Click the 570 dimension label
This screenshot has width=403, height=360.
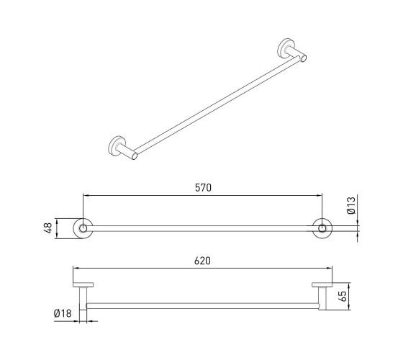[203, 188]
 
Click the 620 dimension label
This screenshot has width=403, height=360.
[202, 261]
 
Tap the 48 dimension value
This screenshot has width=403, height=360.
[48, 228]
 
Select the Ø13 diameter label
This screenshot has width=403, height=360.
[351, 205]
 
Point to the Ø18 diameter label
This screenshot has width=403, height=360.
[63, 313]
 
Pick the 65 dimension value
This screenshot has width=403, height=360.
[343, 296]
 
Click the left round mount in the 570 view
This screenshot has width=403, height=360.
[83, 228]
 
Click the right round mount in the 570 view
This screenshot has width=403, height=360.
[322, 228]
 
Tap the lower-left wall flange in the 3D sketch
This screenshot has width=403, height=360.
[116, 145]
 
